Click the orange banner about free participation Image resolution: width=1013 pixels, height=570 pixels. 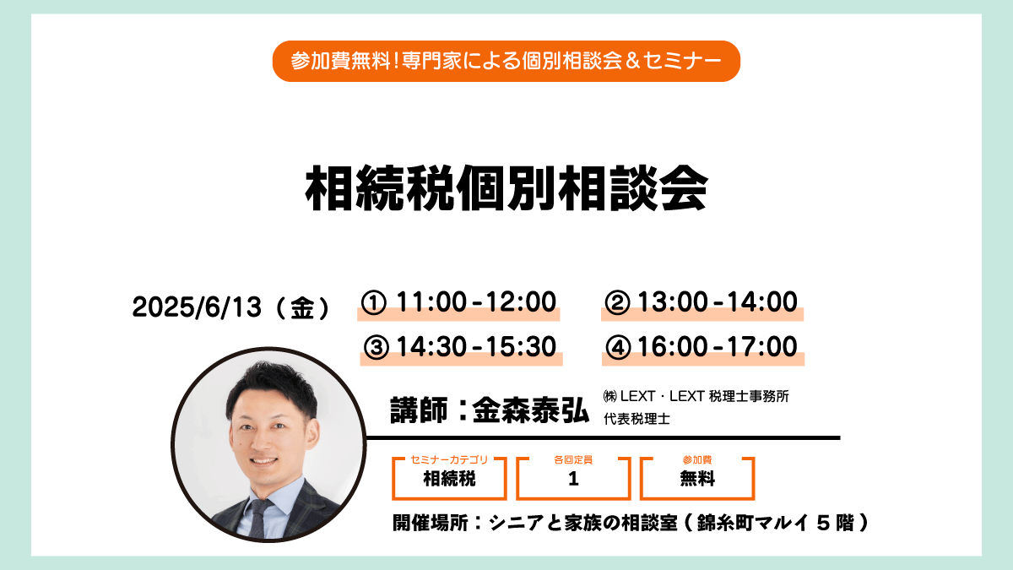click(x=506, y=61)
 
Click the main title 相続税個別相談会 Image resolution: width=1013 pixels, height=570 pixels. click(x=506, y=188)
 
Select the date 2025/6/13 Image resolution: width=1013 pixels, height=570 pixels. click(x=197, y=307)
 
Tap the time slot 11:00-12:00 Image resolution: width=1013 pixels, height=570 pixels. click(x=476, y=301)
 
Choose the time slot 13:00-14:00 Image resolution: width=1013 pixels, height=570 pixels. click(x=718, y=301)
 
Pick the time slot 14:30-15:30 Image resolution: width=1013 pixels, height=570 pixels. click(x=476, y=346)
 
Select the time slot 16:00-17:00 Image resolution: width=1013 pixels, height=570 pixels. click(x=718, y=346)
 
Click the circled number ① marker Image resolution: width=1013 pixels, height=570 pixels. click(x=373, y=302)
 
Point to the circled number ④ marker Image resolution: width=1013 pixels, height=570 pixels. click(x=618, y=347)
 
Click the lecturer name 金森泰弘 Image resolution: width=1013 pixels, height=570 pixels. click(x=531, y=410)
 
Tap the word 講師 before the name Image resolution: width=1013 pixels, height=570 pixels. click(x=419, y=410)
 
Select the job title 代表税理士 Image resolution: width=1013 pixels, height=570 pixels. click(x=637, y=419)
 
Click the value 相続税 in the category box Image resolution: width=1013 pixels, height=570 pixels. click(x=449, y=479)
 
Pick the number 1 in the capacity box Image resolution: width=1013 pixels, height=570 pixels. click(x=573, y=479)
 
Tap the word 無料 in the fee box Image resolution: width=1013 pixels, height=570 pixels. click(x=697, y=479)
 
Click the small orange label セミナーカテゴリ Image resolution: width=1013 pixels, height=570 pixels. click(x=449, y=459)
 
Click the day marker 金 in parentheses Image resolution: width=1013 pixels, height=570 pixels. click(x=302, y=308)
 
